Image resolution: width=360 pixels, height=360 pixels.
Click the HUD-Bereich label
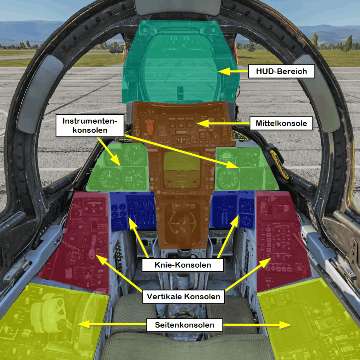click(x=282, y=72)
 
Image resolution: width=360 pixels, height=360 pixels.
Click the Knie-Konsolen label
click(x=183, y=265)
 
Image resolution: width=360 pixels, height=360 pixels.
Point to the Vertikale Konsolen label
click(x=184, y=297)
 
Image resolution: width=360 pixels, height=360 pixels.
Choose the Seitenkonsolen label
click(x=185, y=325)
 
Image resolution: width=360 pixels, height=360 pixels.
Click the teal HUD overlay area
click(x=178, y=60)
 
